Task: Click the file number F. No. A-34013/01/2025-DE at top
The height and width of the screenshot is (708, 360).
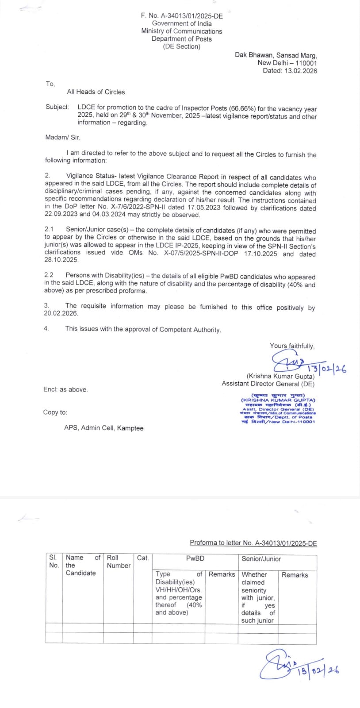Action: point(182,15)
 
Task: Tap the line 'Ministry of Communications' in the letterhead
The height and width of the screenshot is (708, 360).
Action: point(182,31)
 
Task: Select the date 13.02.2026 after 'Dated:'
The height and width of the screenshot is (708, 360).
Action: point(301,70)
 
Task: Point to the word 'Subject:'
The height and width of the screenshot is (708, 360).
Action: point(57,107)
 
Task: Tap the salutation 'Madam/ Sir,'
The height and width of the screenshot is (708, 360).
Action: point(63,137)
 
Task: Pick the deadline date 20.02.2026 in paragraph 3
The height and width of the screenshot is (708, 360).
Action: point(61,313)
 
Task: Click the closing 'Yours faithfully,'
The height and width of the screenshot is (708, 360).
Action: point(292,346)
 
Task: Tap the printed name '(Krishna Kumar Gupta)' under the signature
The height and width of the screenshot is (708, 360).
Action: point(280,376)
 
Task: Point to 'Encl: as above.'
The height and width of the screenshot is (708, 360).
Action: point(65,389)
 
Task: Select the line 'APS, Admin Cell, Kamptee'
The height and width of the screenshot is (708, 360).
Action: point(104,428)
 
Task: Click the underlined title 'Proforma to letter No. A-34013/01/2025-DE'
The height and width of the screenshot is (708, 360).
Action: point(253,543)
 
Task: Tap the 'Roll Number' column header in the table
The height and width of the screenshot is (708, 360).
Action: point(119,562)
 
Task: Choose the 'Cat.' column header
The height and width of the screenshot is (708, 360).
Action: point(143,558)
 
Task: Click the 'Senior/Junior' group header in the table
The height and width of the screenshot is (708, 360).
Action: point(261,558)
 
